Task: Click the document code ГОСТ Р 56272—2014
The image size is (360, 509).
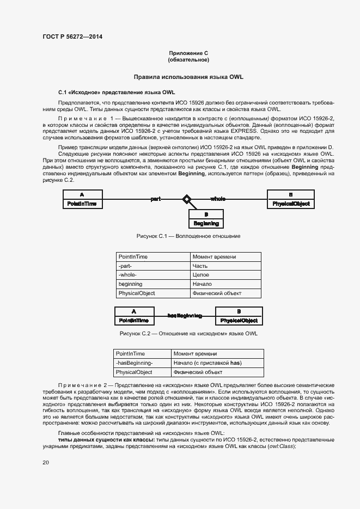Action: pos(72,37)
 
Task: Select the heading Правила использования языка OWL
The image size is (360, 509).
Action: pos(188,77)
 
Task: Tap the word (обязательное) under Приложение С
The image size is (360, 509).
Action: pos(188,59)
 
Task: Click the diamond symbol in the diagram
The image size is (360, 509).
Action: pos(187,200)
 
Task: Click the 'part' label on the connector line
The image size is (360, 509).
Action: pos(156,199)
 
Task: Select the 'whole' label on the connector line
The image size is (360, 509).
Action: pos(219,199)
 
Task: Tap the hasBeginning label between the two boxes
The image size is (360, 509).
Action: pos(185,315)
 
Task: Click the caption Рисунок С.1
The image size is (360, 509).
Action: pos(188,236)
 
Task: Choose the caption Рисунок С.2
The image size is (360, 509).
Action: pos(188,334)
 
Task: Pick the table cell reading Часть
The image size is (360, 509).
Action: pos(200,266)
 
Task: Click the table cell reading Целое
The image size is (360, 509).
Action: pos(200,275)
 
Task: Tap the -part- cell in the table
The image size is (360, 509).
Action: pos(125,266)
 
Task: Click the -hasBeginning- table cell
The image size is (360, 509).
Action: pos(135,363)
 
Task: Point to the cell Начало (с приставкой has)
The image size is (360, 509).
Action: pos(207,363)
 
